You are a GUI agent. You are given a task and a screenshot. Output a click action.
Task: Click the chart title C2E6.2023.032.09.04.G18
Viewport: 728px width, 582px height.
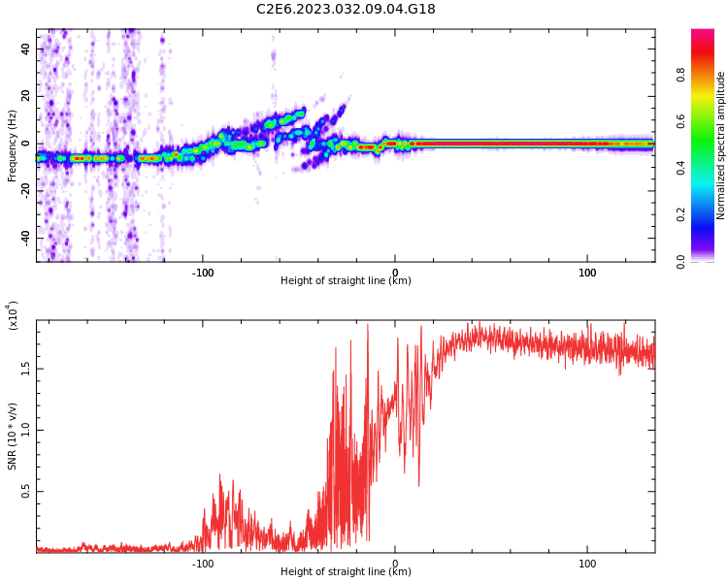[x=346, y=9]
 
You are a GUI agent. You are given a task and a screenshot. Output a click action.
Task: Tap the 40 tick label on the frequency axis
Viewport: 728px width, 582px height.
[x=25, y=48]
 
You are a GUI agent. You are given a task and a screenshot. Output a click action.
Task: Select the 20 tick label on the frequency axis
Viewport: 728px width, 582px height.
[x=25, y=96]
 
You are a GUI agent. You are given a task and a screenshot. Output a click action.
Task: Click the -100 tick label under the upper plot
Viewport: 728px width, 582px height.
[x=202, y=273]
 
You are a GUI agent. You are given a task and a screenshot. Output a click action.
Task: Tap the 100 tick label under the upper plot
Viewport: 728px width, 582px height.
[x=587, y=273]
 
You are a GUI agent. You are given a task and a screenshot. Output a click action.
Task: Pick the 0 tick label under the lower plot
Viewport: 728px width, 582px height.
[x=395, y=564]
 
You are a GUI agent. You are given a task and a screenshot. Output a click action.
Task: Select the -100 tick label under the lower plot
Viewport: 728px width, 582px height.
[x=202, y=564]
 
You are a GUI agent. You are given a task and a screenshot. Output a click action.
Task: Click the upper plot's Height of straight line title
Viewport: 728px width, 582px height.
[x=346, y=281]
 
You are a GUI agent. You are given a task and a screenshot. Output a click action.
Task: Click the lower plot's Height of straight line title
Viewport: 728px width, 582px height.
[x=346, y=572]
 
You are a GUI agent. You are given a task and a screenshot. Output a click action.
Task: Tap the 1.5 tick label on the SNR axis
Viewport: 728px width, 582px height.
[x=25, y=369]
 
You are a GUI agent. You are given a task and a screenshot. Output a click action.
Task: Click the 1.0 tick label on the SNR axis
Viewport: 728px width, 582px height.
[x=25, y=430]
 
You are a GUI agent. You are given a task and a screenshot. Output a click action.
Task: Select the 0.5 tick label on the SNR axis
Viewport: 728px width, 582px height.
[x=25, y=492]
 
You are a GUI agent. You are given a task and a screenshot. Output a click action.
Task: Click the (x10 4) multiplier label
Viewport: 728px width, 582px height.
[x=13, y=316]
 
